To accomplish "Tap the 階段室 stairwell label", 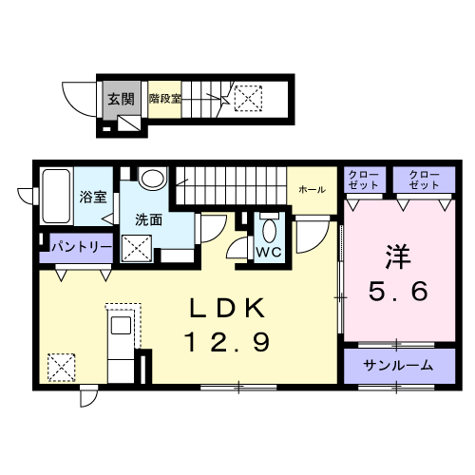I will [x=164, y=99].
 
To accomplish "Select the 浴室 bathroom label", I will [x=92, y=198].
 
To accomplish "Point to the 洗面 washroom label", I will [x=148, y=218].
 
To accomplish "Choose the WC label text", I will [x=267, y=252].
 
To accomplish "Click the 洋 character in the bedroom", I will [x=397, y=255].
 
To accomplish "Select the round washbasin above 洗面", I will [x=152, y=180].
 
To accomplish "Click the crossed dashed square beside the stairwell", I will [x=249, y=97].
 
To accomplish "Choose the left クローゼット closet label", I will [x=361, y=179].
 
